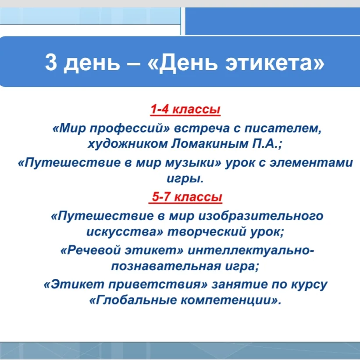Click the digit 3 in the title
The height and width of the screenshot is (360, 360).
51,62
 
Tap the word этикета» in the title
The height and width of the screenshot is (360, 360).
275,62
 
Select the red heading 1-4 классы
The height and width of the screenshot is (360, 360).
185,109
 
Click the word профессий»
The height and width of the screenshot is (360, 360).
130,129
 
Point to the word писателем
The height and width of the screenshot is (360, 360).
283,128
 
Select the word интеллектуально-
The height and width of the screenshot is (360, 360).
251,251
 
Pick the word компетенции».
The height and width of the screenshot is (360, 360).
231,300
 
